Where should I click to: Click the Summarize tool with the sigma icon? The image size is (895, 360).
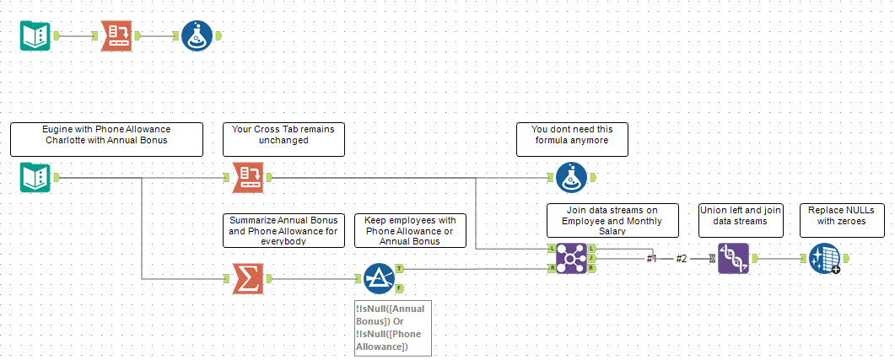pos(248,278)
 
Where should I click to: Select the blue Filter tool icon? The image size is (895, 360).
pos(379,278)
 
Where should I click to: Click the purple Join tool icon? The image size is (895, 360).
pos(572,258)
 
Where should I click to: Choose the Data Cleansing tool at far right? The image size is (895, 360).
pos(823,258)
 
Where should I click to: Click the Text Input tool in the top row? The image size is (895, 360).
pos(35,36)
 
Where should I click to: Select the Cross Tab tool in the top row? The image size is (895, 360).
pos(117,36)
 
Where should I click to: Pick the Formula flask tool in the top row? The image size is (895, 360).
pos(197,36)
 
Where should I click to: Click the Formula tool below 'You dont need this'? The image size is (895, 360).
pos(571,178)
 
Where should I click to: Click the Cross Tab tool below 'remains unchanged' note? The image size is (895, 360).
pos(248,178)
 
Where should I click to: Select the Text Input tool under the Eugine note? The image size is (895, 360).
pos(35,178)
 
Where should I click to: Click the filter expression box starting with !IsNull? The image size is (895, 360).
pos(393,328)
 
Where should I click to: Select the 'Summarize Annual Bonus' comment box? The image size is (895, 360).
pos(283,230)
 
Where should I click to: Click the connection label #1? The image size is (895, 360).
pos(651,258)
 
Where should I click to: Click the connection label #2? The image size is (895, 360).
pos(682,258)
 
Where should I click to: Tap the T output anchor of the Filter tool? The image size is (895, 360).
pos(399,269)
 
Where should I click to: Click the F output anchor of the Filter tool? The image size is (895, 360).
pos(399,287)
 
